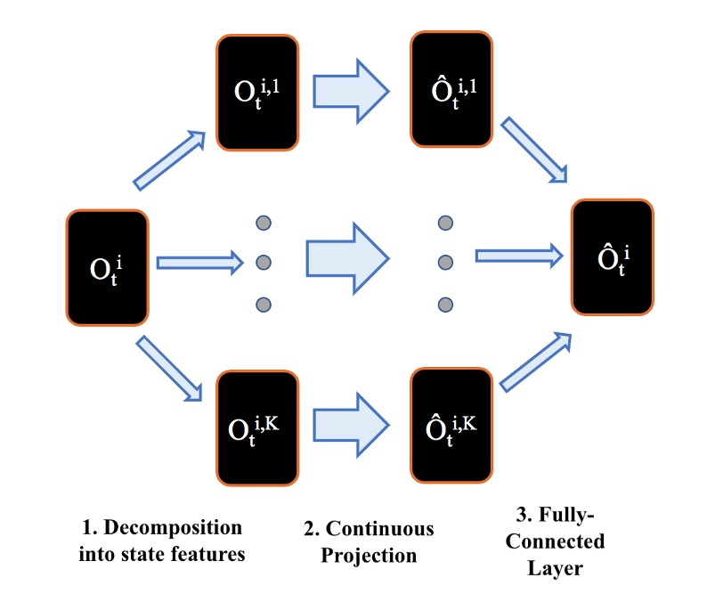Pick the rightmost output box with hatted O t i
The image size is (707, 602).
(x=612, y=257)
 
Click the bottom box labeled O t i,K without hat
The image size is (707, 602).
(x=256, y=428)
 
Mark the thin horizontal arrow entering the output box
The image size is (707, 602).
(x=518, y=256)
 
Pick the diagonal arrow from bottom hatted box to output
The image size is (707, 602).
(x=535, y=362)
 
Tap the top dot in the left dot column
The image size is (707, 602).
(x=263, y=223)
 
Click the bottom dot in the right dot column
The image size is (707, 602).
(x=445, y=305)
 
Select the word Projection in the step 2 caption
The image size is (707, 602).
(x=369, y=556)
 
